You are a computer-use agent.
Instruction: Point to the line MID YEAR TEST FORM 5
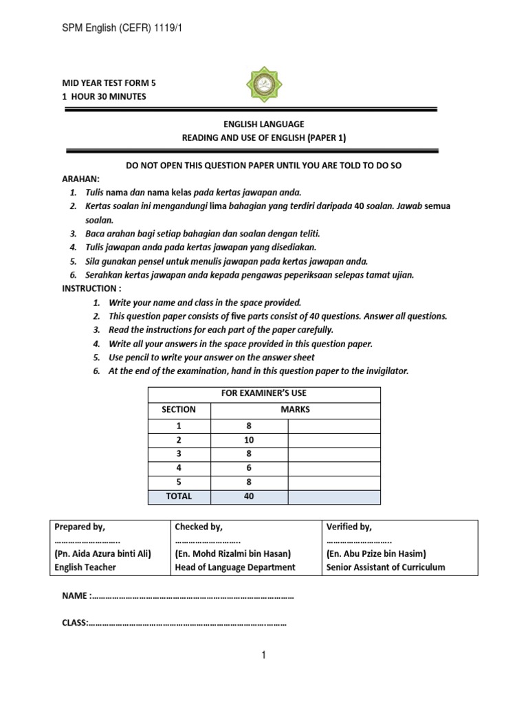coord(109,82)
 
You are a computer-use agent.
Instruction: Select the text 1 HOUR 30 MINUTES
coord(104,96)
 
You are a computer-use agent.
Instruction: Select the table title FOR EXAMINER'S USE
coord(263,393)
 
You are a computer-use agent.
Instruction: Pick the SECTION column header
coord(179,409)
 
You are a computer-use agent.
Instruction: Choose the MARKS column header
coord(295,409)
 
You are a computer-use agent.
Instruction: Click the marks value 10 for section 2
coord(248,440)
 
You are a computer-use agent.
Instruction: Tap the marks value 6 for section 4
coord(248,467)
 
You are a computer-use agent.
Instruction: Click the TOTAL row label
coord(179,496)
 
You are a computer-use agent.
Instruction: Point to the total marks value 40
coord(248,496)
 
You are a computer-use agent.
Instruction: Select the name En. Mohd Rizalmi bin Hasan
coord(233,553)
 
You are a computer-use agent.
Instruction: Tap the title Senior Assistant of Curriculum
coord(386,567)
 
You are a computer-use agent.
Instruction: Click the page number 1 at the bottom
coord(263,656)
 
